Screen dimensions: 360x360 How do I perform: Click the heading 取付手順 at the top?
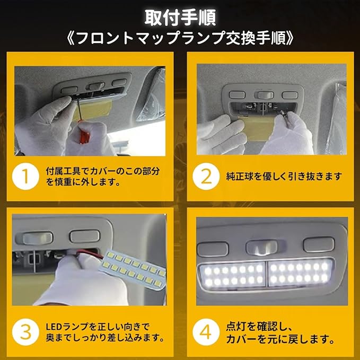point(180,17)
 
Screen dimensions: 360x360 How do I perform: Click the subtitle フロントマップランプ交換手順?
point(180,38)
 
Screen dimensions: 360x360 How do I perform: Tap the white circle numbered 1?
point(25,177)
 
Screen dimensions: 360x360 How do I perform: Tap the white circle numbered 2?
point(206,177)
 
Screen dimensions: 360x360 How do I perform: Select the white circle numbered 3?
point(25,332)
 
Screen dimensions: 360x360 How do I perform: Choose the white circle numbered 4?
point(206,332)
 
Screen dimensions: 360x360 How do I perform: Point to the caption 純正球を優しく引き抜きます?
point(284,177)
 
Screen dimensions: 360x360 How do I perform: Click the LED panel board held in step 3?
point(134,269)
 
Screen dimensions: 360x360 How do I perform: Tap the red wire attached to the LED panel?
point(90,254)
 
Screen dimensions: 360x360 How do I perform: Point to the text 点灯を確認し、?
point(259,327)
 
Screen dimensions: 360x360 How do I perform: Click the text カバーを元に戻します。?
point(280,339)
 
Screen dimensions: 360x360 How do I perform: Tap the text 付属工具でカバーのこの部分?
point(103,171)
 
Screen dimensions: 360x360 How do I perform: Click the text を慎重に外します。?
point(83,182)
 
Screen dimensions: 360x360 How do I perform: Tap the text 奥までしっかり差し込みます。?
point(105,338)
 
